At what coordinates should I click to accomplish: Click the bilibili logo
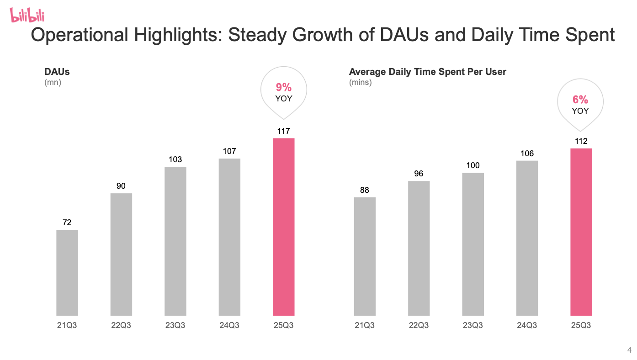27,16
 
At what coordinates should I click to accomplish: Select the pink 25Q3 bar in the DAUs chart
283,227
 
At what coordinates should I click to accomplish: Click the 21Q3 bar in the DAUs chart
67,273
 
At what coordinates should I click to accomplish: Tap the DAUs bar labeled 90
121,254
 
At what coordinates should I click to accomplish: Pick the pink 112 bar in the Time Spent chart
581,232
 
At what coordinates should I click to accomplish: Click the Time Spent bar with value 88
365,256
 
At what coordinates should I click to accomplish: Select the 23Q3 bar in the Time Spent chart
473,244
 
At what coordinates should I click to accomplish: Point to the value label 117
283,131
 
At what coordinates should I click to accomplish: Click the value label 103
175,159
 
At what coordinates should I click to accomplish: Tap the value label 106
527,154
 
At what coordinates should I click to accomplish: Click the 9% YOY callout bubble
283,92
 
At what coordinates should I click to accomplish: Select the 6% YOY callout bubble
580,105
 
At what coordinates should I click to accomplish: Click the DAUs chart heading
57,72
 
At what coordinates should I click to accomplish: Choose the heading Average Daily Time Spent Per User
427,72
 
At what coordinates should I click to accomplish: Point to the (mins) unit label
361,83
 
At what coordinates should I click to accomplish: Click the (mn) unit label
53,83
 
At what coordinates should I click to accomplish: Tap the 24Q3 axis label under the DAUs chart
229,326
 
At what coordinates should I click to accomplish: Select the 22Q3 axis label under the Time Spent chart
419,326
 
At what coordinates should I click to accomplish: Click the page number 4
629,350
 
